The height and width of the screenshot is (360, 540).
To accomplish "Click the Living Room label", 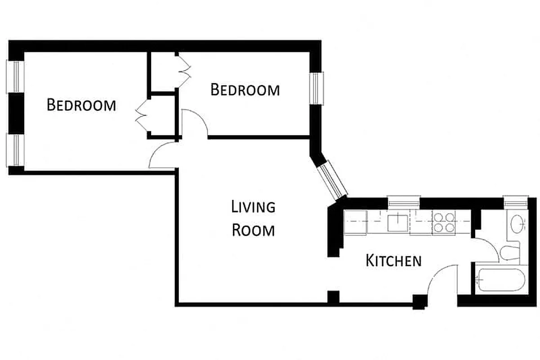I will [x=253, y=219].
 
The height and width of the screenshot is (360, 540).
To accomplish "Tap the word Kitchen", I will [x=394, y=261].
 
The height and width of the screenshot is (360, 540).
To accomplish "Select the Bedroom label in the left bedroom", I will [x=81, y=105].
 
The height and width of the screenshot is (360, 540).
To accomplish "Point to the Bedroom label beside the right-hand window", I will [x=245, y=90].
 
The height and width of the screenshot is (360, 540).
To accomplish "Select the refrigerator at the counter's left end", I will [x=355, y=222].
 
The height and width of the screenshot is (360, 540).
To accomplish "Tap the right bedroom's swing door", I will [x=194, y=123].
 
